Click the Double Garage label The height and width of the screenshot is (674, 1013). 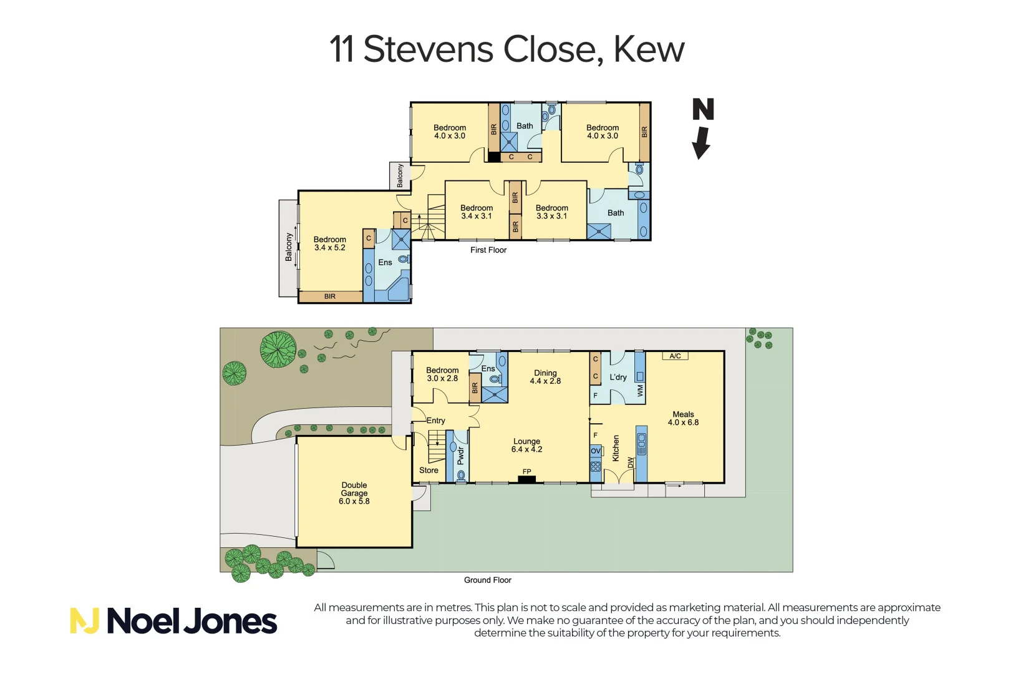(354, 492)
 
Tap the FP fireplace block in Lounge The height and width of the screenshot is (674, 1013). (526, 479)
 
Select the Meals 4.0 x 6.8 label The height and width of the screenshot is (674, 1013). (683, 418)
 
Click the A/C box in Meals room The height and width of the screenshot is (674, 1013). (675, 356)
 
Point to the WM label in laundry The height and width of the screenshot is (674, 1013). (640, 391)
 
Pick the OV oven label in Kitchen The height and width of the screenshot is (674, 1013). (595, 451)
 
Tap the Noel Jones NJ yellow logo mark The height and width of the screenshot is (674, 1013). (84, 621)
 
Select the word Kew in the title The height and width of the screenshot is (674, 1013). (649, 49)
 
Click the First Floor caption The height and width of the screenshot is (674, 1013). (488, 250)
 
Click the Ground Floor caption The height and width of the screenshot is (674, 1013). (487, 580)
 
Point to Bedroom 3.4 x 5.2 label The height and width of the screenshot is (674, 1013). (329, 243)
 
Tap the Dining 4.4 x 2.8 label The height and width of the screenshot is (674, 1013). (545, 377)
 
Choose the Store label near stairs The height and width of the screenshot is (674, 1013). (429, 470)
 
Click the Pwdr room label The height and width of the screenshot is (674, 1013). (460, 456)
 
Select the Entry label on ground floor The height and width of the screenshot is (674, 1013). (436, 421)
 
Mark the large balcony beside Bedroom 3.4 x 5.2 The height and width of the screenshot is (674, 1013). (288, 248)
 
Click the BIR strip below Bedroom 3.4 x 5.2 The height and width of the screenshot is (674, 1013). (330, 296)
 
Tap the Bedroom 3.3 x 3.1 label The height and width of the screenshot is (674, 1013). (551, 212)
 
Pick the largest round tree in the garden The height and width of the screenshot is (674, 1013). (278, 349)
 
